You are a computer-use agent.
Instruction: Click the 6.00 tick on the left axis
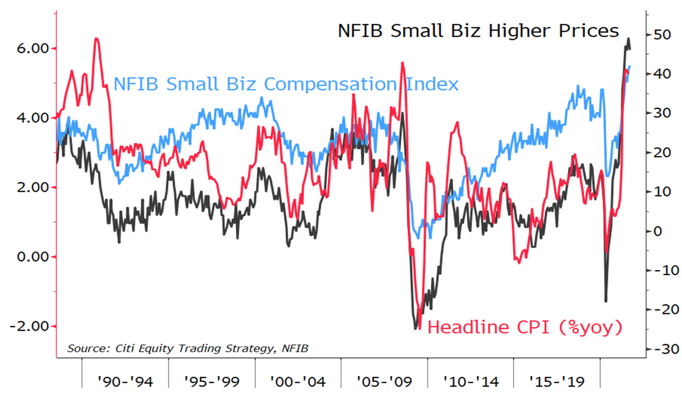(31, 49)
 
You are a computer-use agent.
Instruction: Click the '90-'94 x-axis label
(125, 382)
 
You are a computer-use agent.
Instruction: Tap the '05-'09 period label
(384, 382)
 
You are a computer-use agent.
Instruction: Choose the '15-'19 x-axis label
(557, 382)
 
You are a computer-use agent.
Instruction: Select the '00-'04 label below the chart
(298, 382)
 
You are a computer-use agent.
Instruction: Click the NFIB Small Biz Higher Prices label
(478, 31)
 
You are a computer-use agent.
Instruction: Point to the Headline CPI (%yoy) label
(525, 327)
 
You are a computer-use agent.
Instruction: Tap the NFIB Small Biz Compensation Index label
(286, 84)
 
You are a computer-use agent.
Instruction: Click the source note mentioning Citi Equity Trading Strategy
(188, 348)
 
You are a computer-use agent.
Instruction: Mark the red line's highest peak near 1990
(97, 38)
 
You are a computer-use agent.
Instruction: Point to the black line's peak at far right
(629, 38)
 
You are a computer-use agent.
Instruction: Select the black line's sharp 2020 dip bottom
(605, 301)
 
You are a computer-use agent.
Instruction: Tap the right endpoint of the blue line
(630, 66)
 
